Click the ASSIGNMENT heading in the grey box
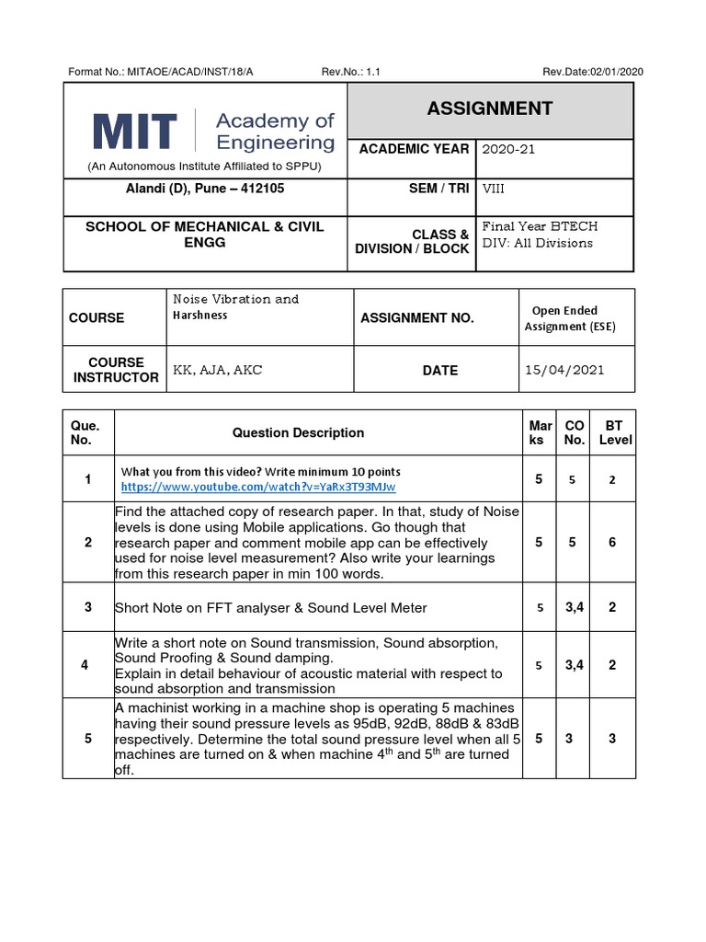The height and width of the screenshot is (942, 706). [x=489, y=109]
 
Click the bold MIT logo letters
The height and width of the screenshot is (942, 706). [x=134, y=132]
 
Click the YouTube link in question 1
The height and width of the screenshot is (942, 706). [x=258, y=486]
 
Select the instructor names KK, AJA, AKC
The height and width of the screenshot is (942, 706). [x=217, y=370]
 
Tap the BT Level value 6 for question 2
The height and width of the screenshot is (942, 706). [x=611, y=543]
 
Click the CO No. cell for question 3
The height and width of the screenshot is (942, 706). [x=575, y=607]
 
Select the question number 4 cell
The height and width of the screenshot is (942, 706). [x=88, y=665]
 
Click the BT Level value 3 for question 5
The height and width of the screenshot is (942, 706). [x=611, y=738]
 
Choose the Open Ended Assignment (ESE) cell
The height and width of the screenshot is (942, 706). [x=570, y=318]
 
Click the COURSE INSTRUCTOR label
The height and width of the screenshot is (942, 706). [x=116, y=370]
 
